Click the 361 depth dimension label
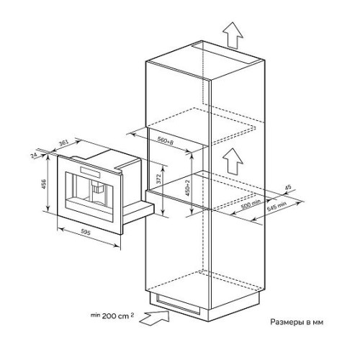pos(64,143)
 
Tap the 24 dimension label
pos(34,155)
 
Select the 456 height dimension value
pos(44,184)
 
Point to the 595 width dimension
pos(86,233)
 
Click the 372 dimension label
pos(158,179)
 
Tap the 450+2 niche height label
pos(188,188)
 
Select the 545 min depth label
pos(276,207)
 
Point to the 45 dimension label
pos(288,187)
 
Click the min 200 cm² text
pos(112,316)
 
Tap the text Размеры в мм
pos(297,322)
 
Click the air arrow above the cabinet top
pos(233,36)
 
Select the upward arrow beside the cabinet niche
pos(233,161)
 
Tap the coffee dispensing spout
pos(97,187)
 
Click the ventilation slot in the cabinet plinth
pos(178,305)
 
